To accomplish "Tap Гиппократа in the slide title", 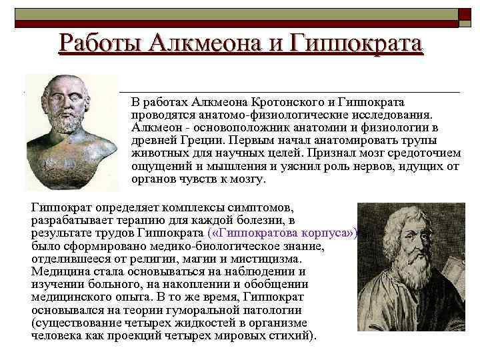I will click(356, 43).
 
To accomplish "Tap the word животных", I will click(157, 154).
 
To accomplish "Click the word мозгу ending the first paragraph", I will click(249, 179).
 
